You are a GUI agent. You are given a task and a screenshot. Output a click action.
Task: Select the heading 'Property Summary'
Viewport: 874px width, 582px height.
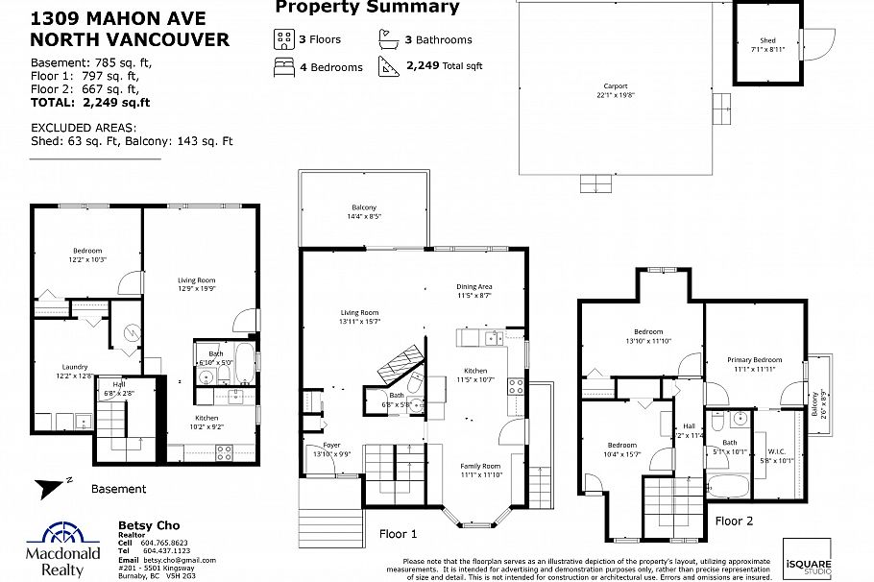367,8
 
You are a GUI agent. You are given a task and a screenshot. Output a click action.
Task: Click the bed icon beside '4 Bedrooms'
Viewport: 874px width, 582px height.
283,66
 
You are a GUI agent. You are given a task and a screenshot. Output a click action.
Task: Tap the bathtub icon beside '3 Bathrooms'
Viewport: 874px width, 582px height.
387,40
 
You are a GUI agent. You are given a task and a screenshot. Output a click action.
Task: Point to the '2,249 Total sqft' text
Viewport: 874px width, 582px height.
444,66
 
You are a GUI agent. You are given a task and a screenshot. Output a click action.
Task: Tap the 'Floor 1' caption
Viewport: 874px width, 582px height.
399,533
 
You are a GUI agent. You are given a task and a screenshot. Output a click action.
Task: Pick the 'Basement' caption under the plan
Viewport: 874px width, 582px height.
118,489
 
